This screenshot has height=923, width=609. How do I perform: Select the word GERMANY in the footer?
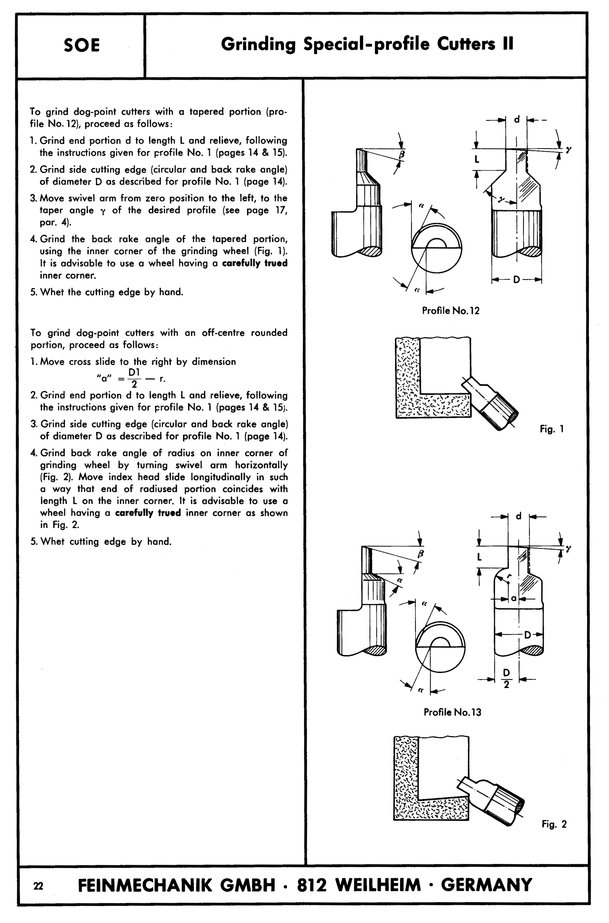(x=486, y=885)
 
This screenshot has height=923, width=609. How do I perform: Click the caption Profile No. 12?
(x=451, y=310)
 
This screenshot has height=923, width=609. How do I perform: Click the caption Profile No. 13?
(x=452, y=712)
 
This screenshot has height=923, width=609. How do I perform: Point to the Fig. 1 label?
(x=551, y=429)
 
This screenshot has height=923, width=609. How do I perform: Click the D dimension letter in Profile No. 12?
(x=516, y=279)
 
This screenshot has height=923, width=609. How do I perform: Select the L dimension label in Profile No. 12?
(x=477, y=159)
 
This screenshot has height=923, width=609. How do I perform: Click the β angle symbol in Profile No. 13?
(x=420, y=554)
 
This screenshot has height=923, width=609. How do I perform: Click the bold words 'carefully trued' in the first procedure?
(x=254, y=263)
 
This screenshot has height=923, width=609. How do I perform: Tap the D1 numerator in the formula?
(x=134, y=372)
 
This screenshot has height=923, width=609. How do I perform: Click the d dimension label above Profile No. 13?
(x=519, y=516)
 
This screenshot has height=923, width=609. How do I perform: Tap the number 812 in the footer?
(x=312, y=885)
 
